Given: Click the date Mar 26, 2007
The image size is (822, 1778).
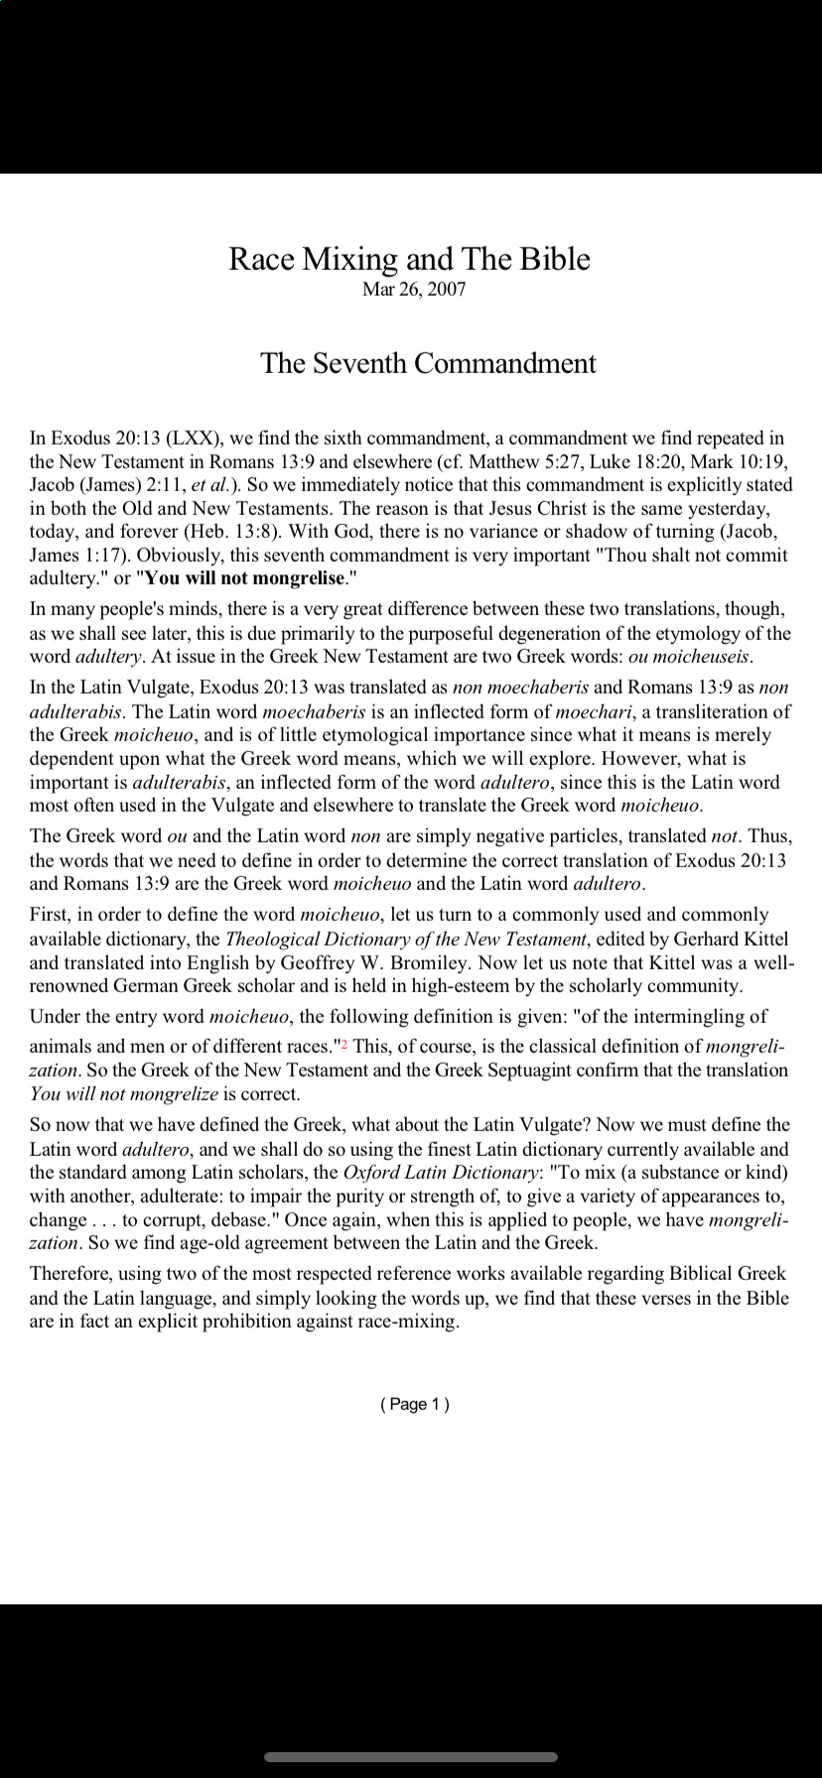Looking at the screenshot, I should click(x=414, y=290).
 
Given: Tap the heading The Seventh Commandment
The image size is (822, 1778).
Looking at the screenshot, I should click(x=428, y=363).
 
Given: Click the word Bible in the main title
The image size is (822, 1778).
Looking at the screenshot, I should click(x=553, y=259).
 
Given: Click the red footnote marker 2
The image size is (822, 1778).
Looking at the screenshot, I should click(x=343, y=1044).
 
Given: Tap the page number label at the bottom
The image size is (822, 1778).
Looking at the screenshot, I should click(x=415, y=1404).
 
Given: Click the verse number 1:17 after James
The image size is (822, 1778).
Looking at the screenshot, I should click(x=102, y=556).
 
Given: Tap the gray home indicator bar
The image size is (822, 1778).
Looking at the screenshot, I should click(x=411, y=1756).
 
